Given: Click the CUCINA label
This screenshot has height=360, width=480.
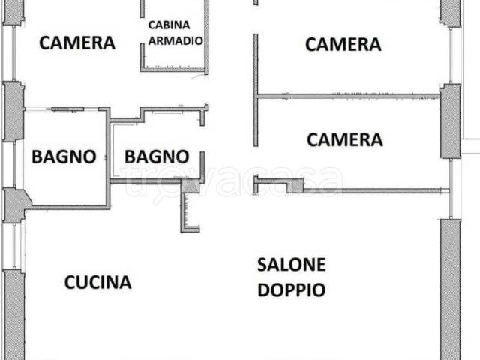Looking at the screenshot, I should pos(97,283).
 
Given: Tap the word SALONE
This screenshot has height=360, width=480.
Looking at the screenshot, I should pos(292,264).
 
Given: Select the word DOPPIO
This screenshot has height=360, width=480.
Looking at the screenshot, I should pos(292,289).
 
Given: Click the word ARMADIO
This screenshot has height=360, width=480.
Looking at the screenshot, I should pos(175,41).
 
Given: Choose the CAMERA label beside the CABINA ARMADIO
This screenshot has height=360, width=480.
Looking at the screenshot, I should pos(77,43).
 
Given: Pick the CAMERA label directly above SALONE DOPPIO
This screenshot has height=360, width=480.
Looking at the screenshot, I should pos(345,139).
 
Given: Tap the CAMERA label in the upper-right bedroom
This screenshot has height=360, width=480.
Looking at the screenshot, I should pos(343,45).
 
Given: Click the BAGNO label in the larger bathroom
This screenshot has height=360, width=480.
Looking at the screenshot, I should pos(63,157).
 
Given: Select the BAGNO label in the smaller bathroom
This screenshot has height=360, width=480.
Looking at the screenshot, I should pos(156,157).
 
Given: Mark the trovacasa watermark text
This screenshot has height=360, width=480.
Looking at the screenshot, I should pos(232,180).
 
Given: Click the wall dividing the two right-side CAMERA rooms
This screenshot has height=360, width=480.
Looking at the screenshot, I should pos(349,96).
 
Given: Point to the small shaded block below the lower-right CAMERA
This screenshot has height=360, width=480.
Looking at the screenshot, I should pos(295,185).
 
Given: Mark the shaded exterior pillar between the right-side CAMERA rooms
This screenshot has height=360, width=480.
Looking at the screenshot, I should pos(450,120).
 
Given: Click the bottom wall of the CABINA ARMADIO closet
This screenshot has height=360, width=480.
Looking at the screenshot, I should pos(172,70).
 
